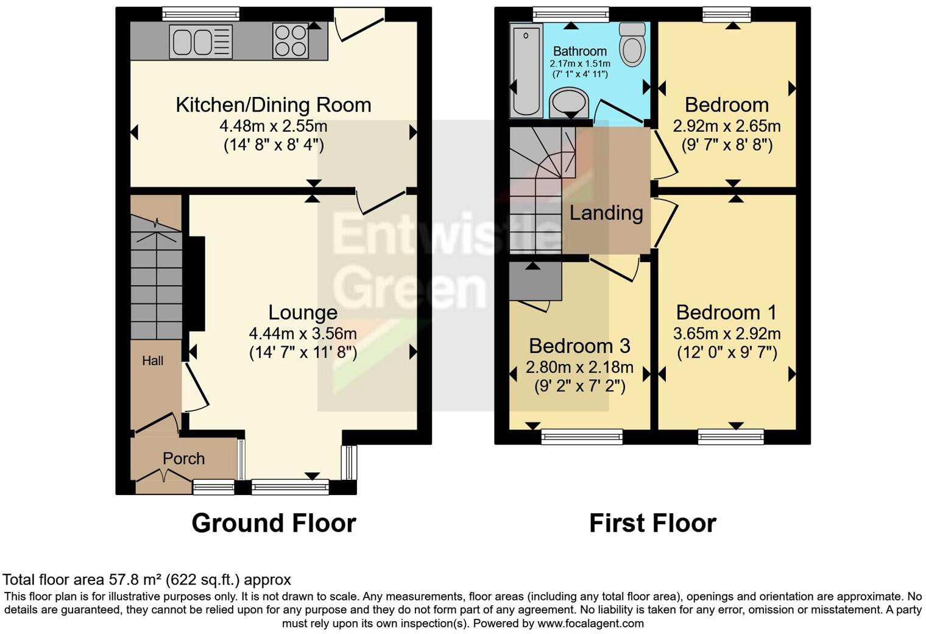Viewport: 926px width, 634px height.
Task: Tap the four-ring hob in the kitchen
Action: (290, 40)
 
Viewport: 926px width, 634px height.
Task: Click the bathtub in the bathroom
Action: (526, 71)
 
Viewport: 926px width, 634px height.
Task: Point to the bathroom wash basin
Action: (569, 102)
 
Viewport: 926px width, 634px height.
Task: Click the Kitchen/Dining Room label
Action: (274, 105)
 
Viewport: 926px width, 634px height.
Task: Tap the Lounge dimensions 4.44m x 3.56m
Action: (303, 333)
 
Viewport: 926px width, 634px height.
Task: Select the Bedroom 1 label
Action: (726, 312)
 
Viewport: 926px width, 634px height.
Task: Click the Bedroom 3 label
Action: (579, 346)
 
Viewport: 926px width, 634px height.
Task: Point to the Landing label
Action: (606, 213)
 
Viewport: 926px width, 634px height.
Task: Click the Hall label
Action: (153, 361)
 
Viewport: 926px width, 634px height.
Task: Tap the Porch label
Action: (183, 458)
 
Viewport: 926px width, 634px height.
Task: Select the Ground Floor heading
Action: (274, 523)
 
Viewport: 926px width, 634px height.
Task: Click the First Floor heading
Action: (652, 523)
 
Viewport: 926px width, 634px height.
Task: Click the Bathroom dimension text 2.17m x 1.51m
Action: (579, 63)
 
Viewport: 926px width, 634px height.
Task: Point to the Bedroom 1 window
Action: (730, 436)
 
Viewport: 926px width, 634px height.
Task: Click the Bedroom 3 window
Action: (582, 436)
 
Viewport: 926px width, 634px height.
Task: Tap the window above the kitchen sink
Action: (202, 13)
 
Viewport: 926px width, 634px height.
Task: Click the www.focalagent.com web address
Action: (589, 623)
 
